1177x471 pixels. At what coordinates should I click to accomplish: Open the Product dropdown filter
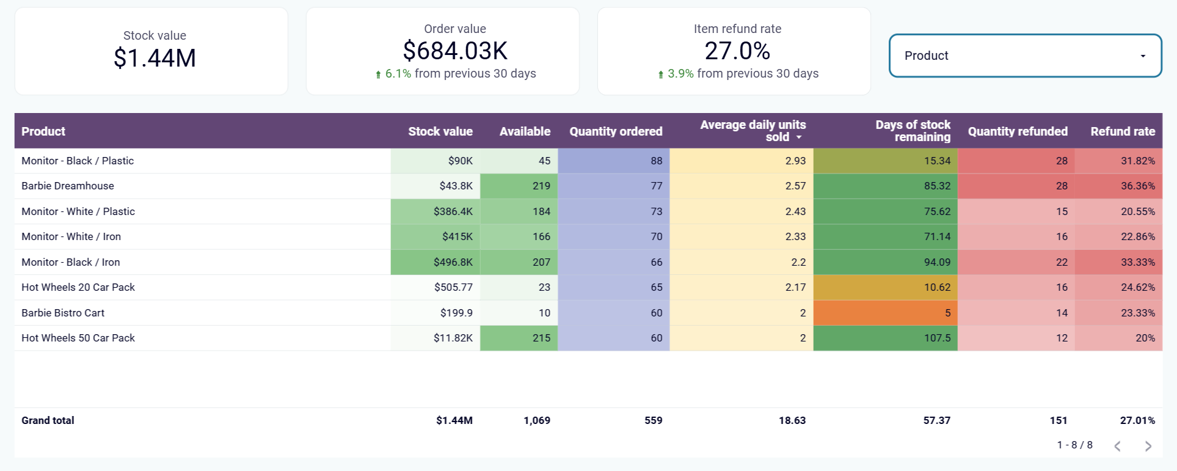click(1025, 56)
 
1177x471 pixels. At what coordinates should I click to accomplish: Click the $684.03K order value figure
click(455, 51)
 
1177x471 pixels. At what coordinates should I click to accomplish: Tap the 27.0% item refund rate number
click(737, 51)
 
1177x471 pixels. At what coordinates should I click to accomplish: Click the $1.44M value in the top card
click(155, 59)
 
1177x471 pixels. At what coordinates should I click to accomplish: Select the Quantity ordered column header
click(616, 131)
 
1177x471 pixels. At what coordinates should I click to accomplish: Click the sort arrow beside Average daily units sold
click(799, 138)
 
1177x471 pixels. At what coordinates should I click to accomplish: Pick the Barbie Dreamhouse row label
click(68, 186)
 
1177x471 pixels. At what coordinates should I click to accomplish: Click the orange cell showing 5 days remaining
click(886, 313)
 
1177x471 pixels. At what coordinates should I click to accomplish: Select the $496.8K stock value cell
click(453, 262)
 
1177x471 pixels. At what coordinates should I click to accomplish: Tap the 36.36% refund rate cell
click(1137, 186)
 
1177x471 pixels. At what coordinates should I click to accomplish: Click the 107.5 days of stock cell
click(937, 338)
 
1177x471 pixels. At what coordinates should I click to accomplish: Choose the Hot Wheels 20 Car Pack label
click(78, 287)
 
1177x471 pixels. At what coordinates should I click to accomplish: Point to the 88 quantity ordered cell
click(656, 161)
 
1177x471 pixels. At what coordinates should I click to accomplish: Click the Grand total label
click(48, 420)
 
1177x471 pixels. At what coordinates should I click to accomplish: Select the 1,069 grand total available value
click(536, 420)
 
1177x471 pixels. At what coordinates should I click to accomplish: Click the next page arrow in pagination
click(1148, 446)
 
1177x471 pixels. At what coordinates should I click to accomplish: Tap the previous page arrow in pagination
click(1117, 446)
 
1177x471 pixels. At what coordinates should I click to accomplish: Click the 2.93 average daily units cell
click(795, 161)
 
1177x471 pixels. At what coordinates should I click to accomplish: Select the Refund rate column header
click(1123, 131)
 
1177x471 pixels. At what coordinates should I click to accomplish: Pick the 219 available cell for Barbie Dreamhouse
click(541, 186)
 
